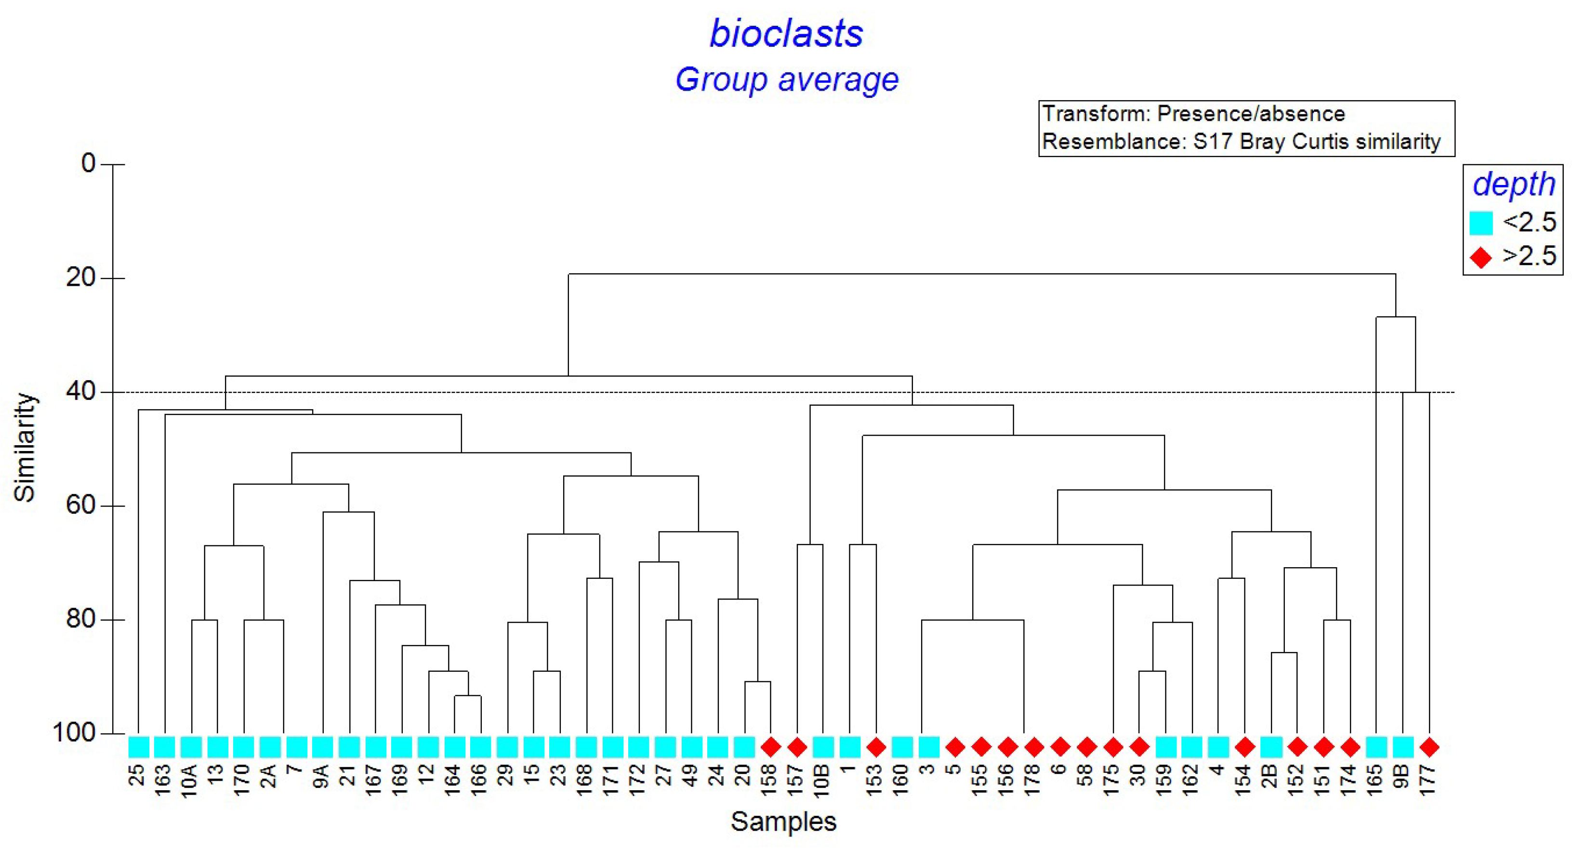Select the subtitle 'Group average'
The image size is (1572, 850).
tap(786, 80)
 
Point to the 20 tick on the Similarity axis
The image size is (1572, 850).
tap(89, 278)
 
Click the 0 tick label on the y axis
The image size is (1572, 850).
tap(89, 163)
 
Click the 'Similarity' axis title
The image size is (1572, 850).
tap(25, 447)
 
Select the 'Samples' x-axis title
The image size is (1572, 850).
tap(783, 821)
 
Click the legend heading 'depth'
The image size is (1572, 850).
tap(1513, 184)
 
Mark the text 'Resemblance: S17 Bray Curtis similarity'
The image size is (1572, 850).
tap(1241, 142)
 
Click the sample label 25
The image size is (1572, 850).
tap(138, 775)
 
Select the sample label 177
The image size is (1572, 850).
tap(1428, 779)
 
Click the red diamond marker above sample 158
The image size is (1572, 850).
tap(770, 746)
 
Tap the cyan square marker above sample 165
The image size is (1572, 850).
tap(1376, 746)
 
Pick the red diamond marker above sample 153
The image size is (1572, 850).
tap(876, 746)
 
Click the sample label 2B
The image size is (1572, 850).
tap(1270, 776)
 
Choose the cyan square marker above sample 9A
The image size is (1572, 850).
tap(322, 746)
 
